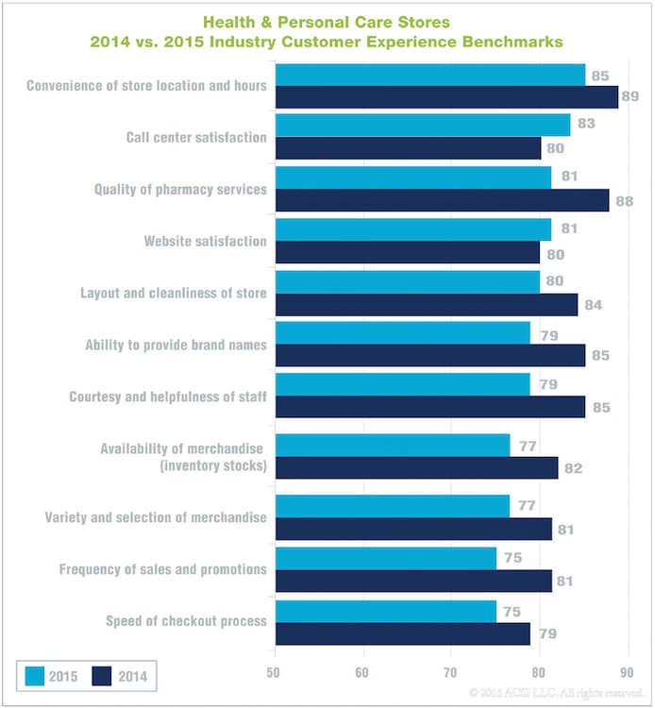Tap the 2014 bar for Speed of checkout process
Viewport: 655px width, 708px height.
tap(403, 633)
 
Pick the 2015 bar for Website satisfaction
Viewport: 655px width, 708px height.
tap(412, 229)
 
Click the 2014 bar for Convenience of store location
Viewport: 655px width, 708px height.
tap(446, 97)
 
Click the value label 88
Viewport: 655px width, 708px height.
tap(624, 201)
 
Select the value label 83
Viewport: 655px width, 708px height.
tap(584, 123)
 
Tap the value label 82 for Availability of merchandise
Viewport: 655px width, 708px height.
tap(572, 468)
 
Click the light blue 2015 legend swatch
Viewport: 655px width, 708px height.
tap(33, 676)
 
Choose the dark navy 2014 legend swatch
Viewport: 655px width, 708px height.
tap(102, 676)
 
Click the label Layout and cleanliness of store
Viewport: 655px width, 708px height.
tap(175, 293)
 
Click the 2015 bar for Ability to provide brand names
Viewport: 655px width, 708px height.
tap(402, 333)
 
